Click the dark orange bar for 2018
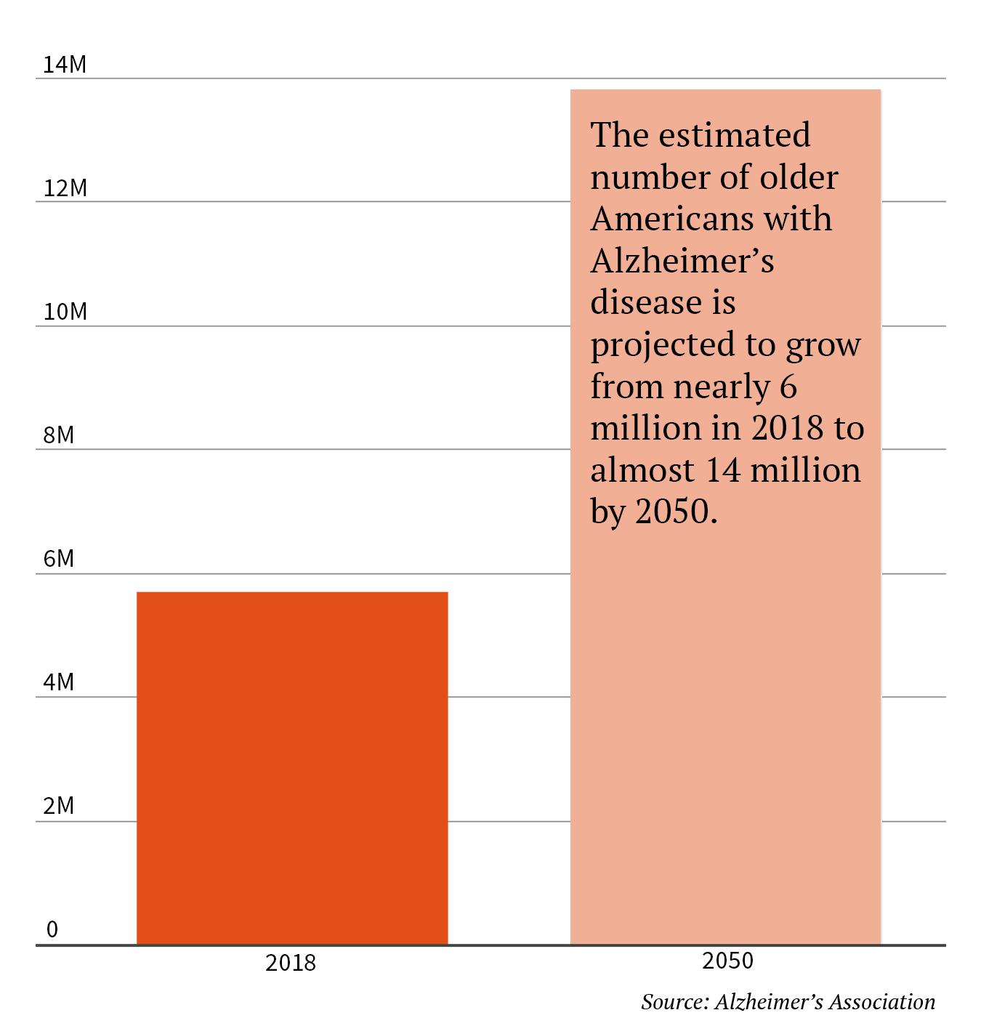point(292,768)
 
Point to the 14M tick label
point(65,65)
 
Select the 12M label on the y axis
point(65,189)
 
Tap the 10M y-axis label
point(65,312)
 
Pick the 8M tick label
point(59,436)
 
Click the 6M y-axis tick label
point(59,560)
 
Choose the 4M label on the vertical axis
point(59,683)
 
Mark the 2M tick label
point(59,807)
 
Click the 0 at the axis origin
point(52,930)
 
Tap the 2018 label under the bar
point(291,964)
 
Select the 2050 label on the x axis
point(727,961)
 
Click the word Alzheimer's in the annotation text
point(682,261)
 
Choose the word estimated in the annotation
point(735,135)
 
